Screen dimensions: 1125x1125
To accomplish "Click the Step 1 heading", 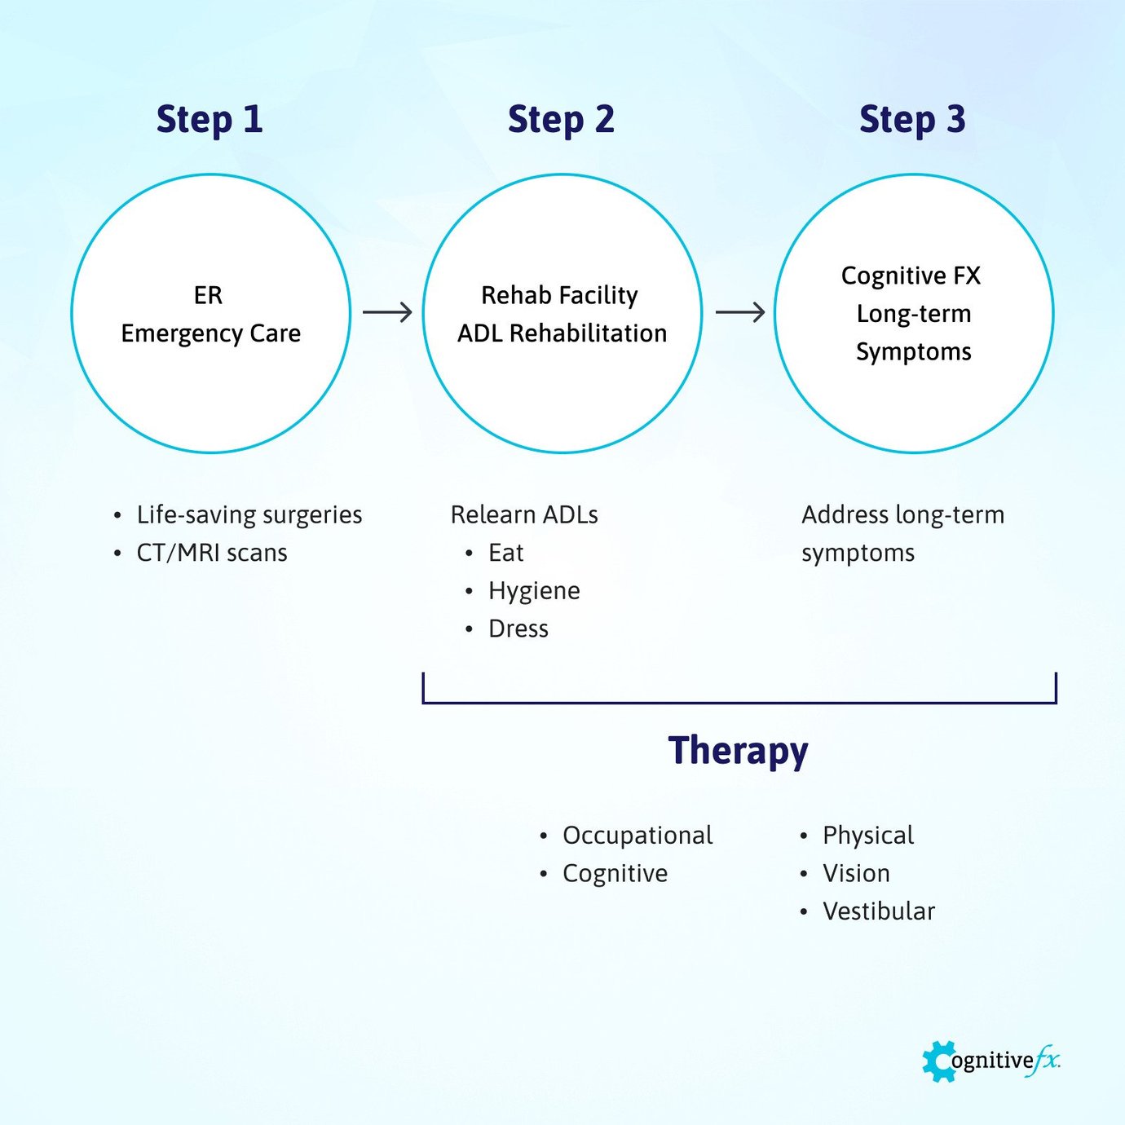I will [x=210, y=120].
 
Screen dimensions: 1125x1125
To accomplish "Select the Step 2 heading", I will [x=561, y=120].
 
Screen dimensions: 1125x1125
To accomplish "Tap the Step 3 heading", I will [x=912, y=120].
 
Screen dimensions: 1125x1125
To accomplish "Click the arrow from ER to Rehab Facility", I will [x=387, y=312].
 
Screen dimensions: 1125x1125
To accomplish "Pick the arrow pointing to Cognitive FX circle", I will [x=739, y=312].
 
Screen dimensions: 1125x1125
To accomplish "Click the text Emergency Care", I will [x=210, y=333].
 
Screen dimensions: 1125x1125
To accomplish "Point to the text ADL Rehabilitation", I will [x=562, y=333].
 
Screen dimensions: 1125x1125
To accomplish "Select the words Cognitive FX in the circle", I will [x=911, y=276].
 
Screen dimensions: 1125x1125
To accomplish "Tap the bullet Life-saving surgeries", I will [x=249, y=514].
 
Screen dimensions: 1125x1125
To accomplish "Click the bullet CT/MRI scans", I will [x=212, y=553].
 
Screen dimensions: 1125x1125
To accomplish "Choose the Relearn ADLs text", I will [x=524, y=514].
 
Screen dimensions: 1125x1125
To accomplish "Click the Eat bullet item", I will [x=505, y=553].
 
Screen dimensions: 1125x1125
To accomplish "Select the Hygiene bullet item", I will [x=534, y=591].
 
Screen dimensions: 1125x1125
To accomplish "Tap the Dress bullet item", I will [x=518, y=629].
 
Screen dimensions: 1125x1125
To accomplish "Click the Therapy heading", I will [x=738, y=751].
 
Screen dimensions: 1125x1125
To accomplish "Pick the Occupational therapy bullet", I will [x=637, y=836].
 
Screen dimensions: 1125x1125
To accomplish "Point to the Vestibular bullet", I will [x=878, y=911].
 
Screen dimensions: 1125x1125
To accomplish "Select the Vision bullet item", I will [x=856, y=873].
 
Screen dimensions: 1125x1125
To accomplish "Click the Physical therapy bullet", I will [x=868, y=836].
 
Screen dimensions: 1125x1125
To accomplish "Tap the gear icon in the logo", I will [x=939, y=1061].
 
